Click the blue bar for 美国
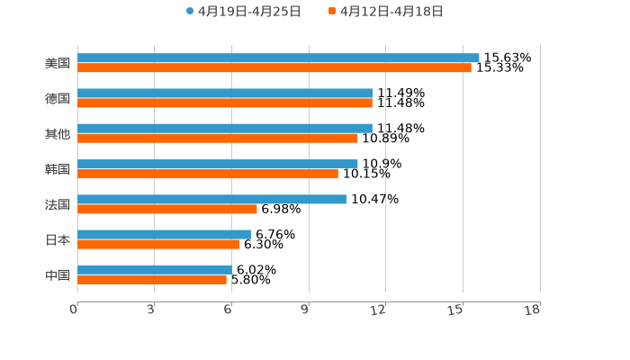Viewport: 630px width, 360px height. tap(278, 58)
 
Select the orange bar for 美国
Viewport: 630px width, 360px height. tap(274, 67)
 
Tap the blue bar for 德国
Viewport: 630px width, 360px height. tap(225, 93)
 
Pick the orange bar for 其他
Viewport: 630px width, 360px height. tap(217, 138)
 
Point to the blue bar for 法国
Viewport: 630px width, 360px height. tap(211, 199)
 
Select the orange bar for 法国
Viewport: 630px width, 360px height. tap(167, 209)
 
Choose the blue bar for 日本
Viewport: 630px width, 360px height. tap(165, 234)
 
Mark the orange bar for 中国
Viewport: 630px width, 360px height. tap(152, 279)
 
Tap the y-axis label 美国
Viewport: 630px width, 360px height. tap(58, 63)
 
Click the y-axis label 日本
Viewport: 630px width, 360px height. tap(58, 239)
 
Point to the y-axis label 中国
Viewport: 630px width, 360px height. tap(58, 274)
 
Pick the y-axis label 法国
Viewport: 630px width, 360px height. tap(58, 204)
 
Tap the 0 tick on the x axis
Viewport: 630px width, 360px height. tap(74, 310)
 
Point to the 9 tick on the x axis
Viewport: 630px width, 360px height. tap(306, 310)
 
